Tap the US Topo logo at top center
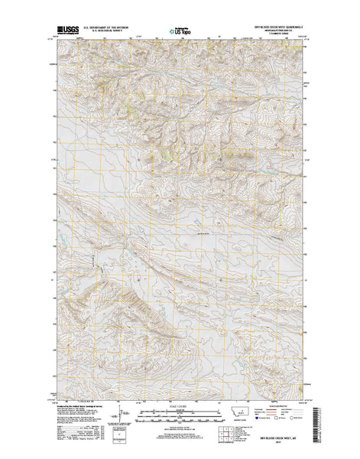click(180, 32)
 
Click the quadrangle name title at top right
click(287, 29)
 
